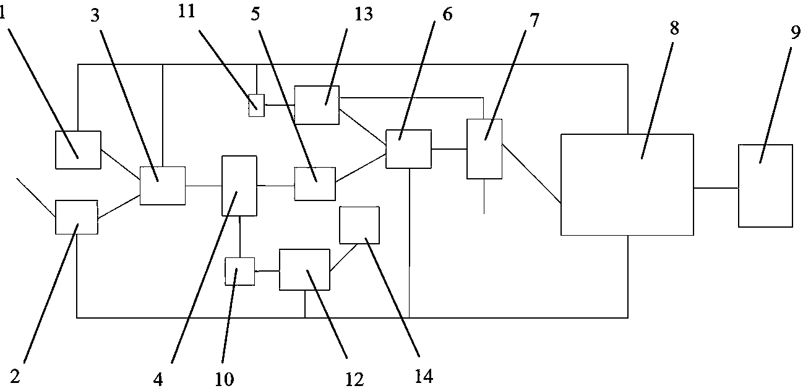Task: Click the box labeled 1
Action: tap(78, 150)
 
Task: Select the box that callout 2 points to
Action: tap(77, 217)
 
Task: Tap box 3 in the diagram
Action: tap(163, 186)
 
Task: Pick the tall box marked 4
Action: tap(239, 186)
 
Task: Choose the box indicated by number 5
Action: tap(315, 184)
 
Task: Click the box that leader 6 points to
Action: tap(408, 149)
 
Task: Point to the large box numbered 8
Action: tap(627, 184)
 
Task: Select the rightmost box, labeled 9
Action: tap(765, 186)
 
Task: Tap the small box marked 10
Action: tap(239, 272)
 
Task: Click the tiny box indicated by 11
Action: tap(256, 105)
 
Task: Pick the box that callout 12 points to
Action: tap(304, 270)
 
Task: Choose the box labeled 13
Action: tap(317, 105)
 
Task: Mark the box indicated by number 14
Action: tap(359, 225)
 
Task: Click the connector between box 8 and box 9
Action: tap(716, 187)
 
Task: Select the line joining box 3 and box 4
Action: tap(204, 185)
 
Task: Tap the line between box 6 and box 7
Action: tap(449, 149)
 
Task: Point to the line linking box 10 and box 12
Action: tap(267, 270)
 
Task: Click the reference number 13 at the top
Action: tap(363, 14)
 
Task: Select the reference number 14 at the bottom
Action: tap(424, 375)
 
